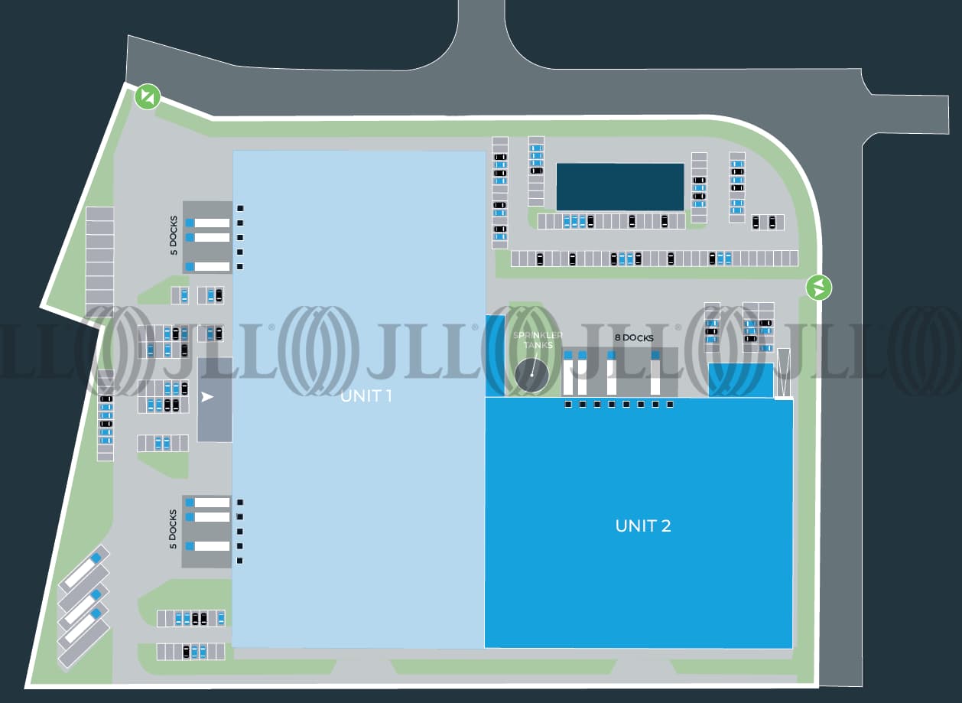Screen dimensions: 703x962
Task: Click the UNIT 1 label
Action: pos(366,396)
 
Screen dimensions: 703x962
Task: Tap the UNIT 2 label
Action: pos(643,526)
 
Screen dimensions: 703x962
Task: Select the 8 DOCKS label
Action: pos(634,337)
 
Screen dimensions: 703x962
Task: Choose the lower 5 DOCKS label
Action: pos(174,529)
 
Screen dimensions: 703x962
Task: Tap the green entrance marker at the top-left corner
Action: pos(148,97)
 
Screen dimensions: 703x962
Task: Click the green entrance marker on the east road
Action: pos(819,288)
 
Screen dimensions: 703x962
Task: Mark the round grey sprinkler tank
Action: pos(532,376)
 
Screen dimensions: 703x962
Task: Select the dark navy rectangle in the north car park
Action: pos(619,187)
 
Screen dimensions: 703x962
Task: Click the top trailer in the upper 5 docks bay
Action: pos(208,223)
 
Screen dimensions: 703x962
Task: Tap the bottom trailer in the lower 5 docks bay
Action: pos(208,546)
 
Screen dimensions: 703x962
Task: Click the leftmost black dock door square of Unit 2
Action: pos(568,404)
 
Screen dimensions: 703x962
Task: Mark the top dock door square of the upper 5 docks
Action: pos(240,208)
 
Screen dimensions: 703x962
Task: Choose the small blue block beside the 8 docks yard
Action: pos(740,380)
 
